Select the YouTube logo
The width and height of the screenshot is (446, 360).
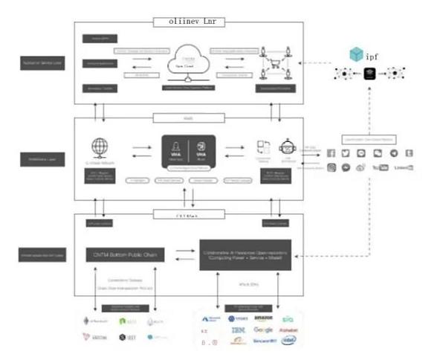point(380,168)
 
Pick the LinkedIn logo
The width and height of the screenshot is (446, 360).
point(404,168)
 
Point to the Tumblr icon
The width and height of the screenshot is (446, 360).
point(409,153)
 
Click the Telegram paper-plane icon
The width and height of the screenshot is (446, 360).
point(393,153)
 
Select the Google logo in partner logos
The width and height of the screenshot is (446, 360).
point(263,330)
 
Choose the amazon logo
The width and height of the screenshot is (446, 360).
point(263,318)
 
